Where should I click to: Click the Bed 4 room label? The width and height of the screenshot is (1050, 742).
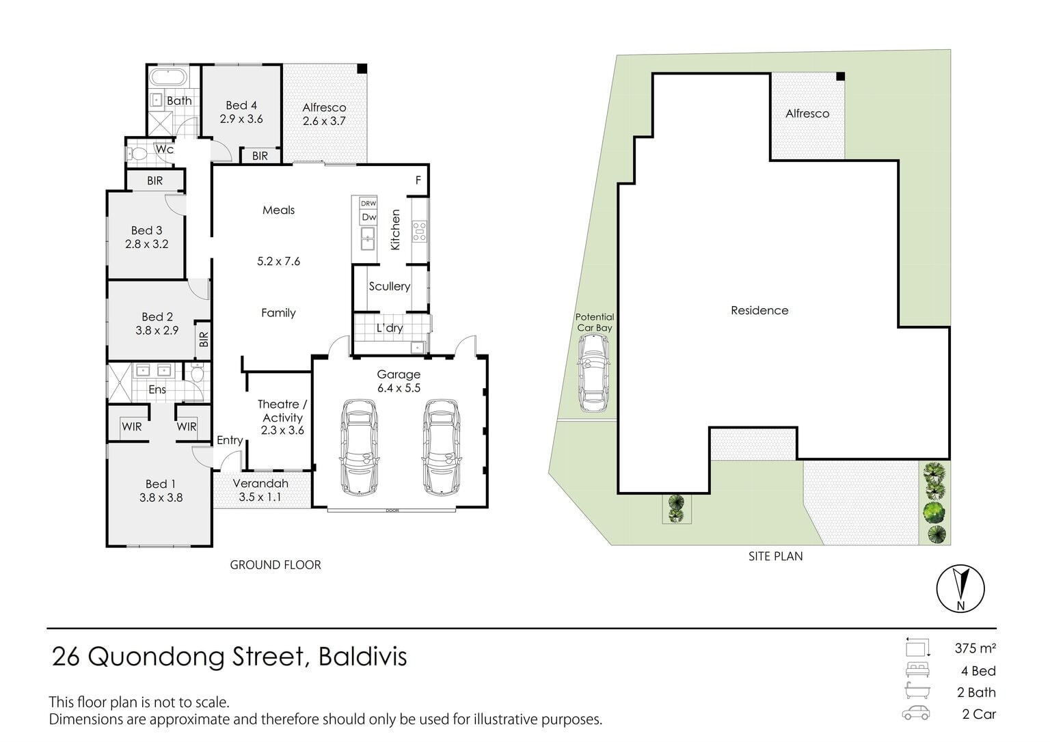pyautogui.click(x=241, y=105)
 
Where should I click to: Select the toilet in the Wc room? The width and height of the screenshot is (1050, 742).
pyautogui.click(x=137, y=153)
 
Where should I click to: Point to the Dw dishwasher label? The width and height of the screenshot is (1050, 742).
pyautogui.click(x=369, y=217)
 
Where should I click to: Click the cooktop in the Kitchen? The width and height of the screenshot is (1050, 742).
pyautogui.click(x=420, y=232)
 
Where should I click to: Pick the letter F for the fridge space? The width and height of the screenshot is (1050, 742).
pyautogui.click(x=418, y=180)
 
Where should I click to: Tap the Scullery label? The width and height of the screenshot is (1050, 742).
pyautogui.click(x=390, y=286)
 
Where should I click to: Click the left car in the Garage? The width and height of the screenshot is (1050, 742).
pyautogui.click(x=359, y=447)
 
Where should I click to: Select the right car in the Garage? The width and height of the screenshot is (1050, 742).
pyautogui.click(x=441, y=447)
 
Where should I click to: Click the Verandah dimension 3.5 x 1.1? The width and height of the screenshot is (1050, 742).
pyautogui.click(x=260, y=497)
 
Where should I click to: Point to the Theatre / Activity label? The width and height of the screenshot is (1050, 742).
pyautogui.click(x=282, y=411)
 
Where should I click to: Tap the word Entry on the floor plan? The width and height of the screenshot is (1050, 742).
pyautogui.click(x=230, y=440)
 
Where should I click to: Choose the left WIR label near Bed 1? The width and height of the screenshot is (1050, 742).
pyautogui.click(x=132, y=427)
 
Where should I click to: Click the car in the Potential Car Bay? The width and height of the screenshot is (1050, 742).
pyautogui.click(x=594, y=373)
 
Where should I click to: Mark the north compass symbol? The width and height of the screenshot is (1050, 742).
pyautogui.click(x=960, y=589)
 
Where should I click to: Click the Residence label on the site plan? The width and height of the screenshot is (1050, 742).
pyautogui.click(x=759, y=310)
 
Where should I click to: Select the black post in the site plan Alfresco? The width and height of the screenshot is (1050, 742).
pyautogui.click(x=840, y=77)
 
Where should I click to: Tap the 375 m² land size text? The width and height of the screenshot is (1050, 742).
pyautogui.click(x=975, y=648)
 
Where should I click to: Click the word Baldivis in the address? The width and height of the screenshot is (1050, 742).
pyautogui.click(x=363, y=657)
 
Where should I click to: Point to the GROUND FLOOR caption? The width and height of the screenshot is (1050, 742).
pyautogui.click(x=275, y=565)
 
